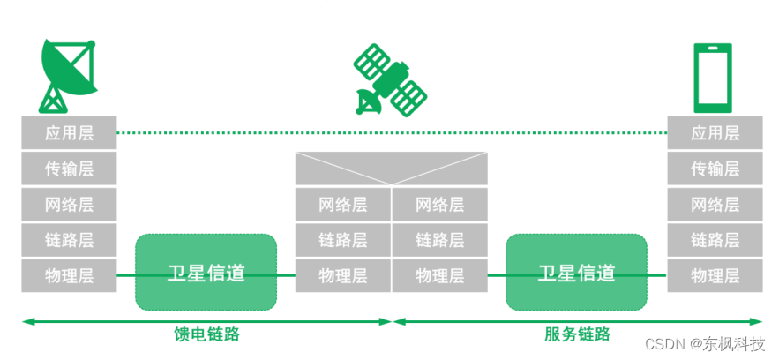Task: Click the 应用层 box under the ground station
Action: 69,133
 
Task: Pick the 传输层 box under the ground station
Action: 69,169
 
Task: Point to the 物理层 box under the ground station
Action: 69,275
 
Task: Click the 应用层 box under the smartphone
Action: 715,133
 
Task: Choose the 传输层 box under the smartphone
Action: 715,169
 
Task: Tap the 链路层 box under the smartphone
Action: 715,239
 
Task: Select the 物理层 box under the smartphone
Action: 715,275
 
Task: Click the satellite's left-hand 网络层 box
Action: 342,205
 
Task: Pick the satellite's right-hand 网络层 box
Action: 439,205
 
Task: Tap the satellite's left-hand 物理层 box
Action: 342,275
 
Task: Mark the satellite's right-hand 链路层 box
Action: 439,239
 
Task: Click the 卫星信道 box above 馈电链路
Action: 206,272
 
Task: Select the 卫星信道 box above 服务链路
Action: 576,272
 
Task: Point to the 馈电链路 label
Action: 206,334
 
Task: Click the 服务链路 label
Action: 577,334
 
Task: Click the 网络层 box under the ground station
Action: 69,205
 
